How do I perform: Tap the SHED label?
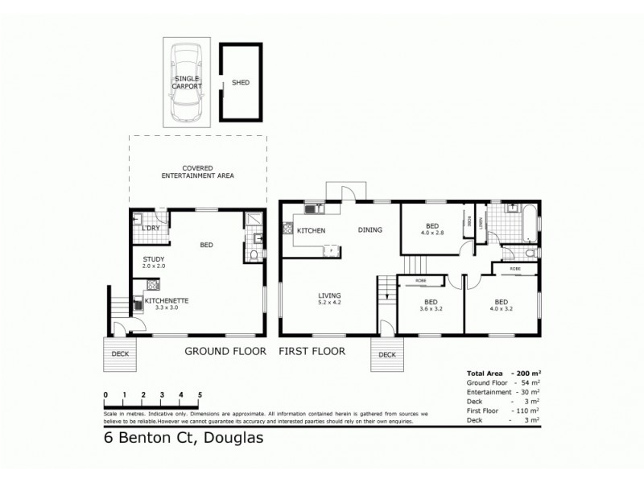(239, 82)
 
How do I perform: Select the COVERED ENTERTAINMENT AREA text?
(197, 171)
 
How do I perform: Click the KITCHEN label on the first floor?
(310, 231)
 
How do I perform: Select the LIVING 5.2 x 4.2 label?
(330, 300)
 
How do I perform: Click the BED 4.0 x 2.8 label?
(432, 229)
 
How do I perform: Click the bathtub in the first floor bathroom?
(528, 225)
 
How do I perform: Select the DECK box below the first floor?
(387, 354)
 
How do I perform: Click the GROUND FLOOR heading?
(228, 351)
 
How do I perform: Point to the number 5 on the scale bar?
(200, 394)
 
